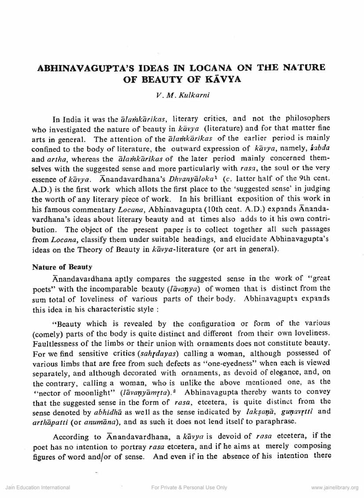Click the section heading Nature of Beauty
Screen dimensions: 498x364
pos(62,267)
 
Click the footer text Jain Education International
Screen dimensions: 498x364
pos(37,487)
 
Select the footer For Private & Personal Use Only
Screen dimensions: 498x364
pos(189,487)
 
